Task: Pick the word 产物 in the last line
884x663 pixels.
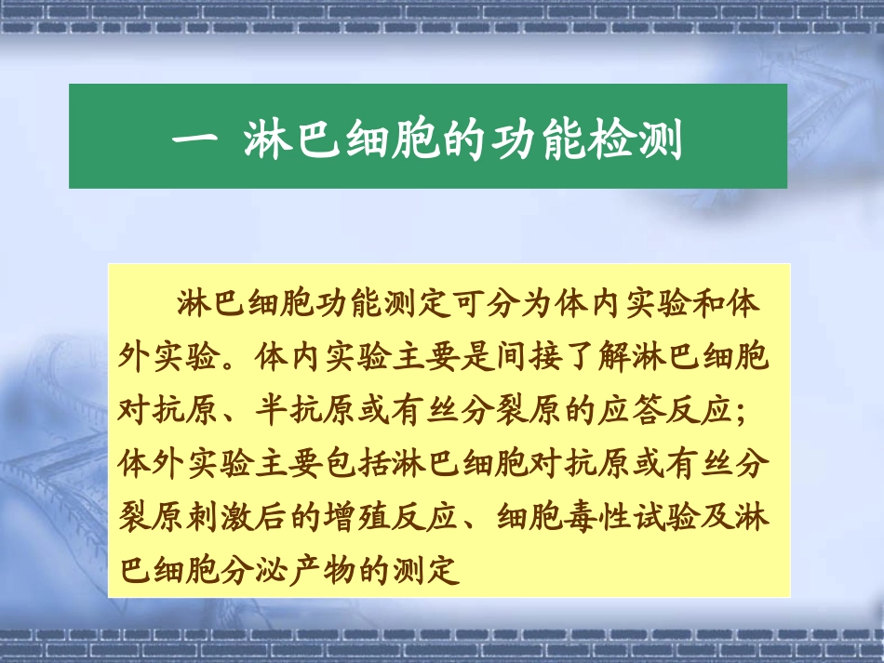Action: pyautogui.click(x=317, y=568)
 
